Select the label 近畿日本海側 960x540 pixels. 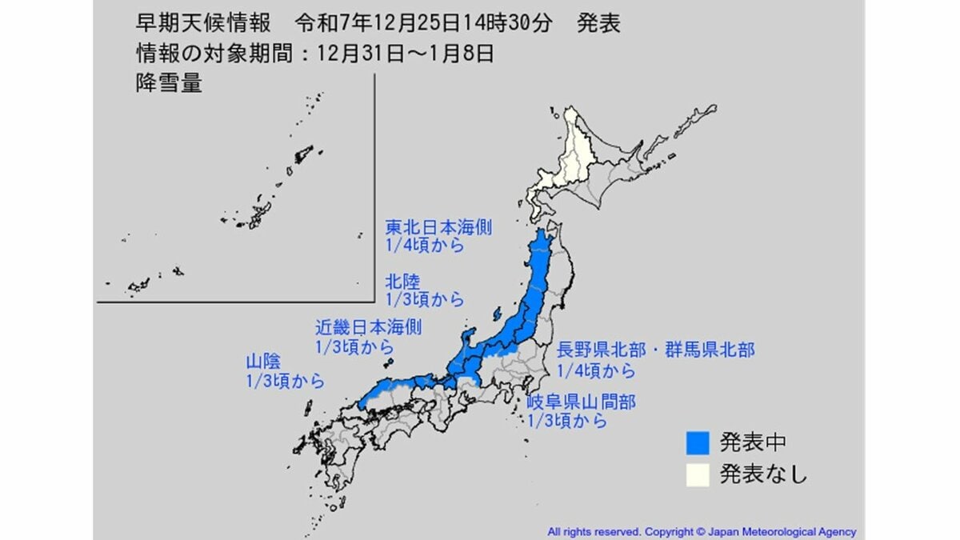click(x=368, y=327)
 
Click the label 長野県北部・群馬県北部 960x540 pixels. click(x=655, y=350)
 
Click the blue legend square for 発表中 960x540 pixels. click(x=698, y=442)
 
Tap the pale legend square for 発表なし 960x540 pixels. click(x=698, y=474)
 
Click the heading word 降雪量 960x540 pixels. click(x=168, y=84)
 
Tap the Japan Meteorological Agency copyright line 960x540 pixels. click(x=701, y=531)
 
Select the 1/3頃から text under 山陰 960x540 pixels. click(x=286, y=382)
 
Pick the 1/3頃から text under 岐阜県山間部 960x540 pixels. click(x=566, y=422)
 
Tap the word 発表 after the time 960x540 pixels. click(x=598, y=24)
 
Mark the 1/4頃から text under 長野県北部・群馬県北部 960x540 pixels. click(x=597, y=370)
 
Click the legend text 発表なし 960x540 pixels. click(x=762, y=474)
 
